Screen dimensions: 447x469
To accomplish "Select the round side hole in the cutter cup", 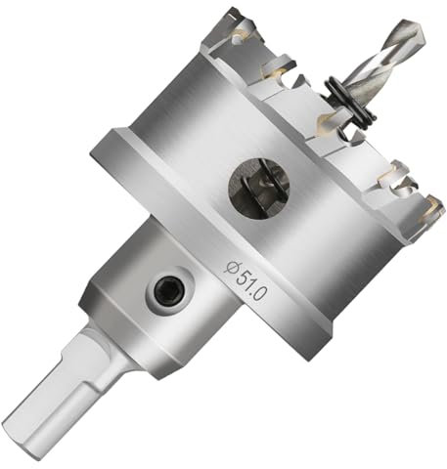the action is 259,189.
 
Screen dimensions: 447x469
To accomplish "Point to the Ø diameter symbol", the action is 233,266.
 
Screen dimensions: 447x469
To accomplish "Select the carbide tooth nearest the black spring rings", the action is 330,119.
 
